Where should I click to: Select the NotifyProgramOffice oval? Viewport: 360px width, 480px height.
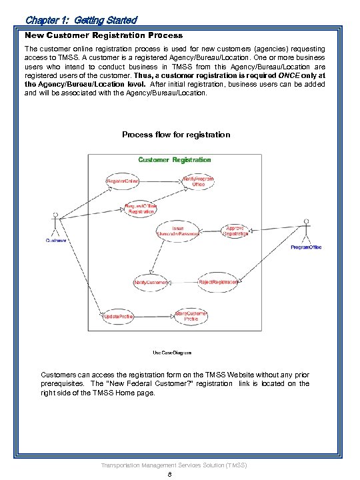pyautogui.click(x=198, y=181)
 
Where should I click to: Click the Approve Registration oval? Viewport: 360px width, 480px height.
pyautogui.click(x=235, y=231)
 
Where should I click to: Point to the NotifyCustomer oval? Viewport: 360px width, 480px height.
pyautogui.click(x=151, y=282)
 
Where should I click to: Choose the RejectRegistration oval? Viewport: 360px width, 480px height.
pyautogui.click(x=218, y=282)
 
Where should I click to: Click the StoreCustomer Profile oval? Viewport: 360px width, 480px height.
pyautogui.click(x=191, y=316)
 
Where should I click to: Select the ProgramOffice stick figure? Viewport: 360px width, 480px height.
pyautogui.click(x=306, y=234)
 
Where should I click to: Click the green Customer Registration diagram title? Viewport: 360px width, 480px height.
pyautogui.click(x=174, y=160)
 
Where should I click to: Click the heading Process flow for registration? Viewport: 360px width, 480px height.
pyautogui.click(x=176, y=135)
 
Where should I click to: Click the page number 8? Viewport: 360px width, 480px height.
pyautogui.click(x=171, y=474)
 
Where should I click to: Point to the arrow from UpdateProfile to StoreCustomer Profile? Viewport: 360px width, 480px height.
pyautogui.click(x=155, y=316)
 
